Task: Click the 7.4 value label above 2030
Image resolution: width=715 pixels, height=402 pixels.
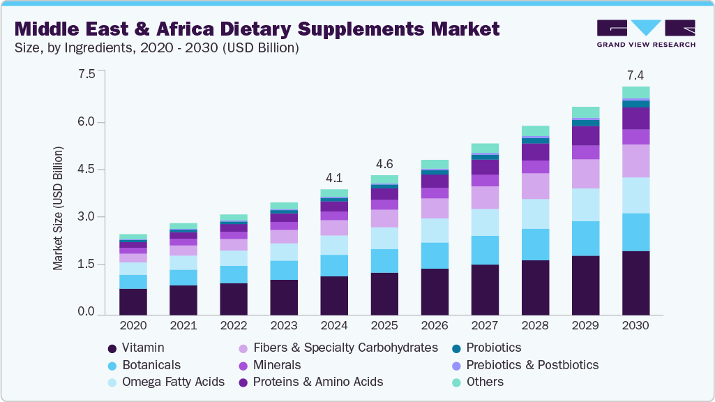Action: click(635, 75)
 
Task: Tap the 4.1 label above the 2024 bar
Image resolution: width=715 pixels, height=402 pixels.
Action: click(333, 177)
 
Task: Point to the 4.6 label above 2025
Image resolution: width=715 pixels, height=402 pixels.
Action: click(384, 164)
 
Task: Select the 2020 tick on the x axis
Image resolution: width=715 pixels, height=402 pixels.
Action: click(133, 325)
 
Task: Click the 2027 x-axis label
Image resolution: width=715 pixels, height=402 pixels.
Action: click(484, 325)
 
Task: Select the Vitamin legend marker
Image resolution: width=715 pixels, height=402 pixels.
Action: click(112, 348)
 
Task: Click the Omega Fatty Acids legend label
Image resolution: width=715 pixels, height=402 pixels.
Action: click(173, 382)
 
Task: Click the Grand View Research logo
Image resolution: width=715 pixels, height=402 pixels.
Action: click(646, 33)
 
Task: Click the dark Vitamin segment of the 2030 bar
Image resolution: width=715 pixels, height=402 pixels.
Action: click(635, 283)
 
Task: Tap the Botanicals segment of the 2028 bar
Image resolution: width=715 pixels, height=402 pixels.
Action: click(535, 244)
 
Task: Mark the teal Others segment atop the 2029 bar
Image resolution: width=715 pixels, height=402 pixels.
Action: click(585, 112)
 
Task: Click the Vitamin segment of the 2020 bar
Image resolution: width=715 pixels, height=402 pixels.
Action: click(133, 301)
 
